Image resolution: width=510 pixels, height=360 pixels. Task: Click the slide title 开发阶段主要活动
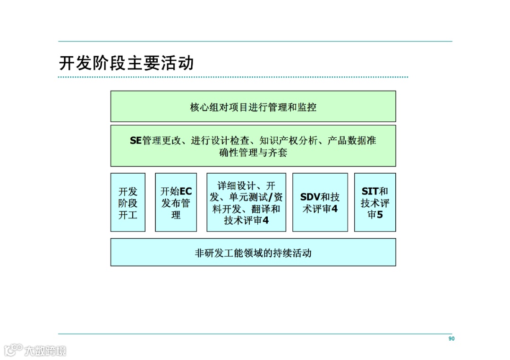pos(126,63)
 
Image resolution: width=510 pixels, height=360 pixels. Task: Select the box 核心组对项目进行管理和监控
pos(253,107)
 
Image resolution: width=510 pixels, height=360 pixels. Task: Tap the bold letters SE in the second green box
pos(136,141)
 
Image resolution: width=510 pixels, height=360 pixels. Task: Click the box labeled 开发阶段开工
pos(128,203)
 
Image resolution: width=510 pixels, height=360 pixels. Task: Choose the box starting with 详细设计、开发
pos(246,203)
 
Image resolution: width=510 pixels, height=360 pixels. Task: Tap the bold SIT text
pos(370,192)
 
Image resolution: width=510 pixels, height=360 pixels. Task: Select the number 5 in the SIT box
pos(379,215)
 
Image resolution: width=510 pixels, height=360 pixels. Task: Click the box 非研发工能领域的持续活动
pos(253,252)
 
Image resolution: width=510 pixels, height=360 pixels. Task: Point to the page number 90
pos(451,339)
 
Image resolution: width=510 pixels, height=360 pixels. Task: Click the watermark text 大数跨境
pos(46,351)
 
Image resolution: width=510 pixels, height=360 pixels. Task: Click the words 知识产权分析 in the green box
pos(288,141)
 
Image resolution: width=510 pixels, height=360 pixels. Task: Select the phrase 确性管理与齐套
pos(253,152)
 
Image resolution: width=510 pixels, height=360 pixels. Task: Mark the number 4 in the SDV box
pos(334,209)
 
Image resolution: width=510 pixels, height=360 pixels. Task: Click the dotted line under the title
pos(233,77)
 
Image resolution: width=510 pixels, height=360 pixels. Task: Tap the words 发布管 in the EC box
pos(176,203)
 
